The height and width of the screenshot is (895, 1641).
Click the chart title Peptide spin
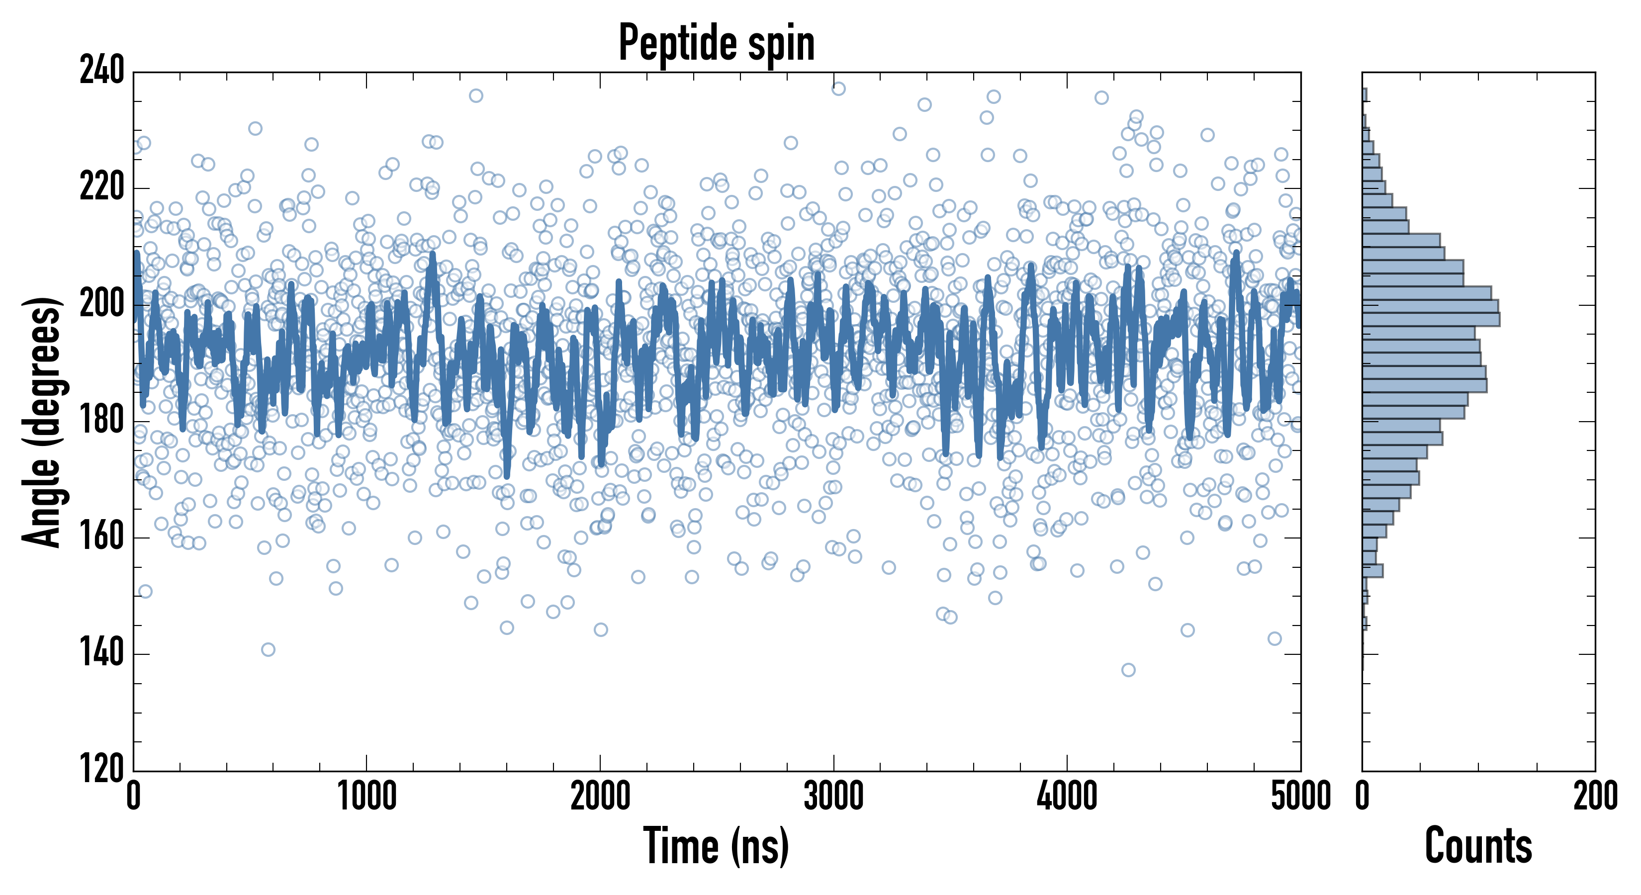coord(717,43)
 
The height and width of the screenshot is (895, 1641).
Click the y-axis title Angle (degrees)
coord(43,422)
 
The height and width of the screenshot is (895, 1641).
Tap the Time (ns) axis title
coord(717,845)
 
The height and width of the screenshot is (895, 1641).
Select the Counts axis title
coord(1478,845)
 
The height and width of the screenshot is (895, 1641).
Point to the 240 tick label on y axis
coord(102,71)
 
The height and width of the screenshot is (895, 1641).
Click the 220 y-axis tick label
coord(102,187)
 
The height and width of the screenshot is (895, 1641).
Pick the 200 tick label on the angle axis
coord(102,304)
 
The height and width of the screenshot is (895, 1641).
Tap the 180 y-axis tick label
coord(102,421)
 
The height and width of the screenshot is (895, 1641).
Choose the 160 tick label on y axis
coord(102,537)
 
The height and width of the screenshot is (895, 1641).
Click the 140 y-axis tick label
coord(102,653)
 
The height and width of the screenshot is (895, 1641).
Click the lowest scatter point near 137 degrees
coord(1128,669)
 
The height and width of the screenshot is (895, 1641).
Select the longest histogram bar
coord(1431,319)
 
